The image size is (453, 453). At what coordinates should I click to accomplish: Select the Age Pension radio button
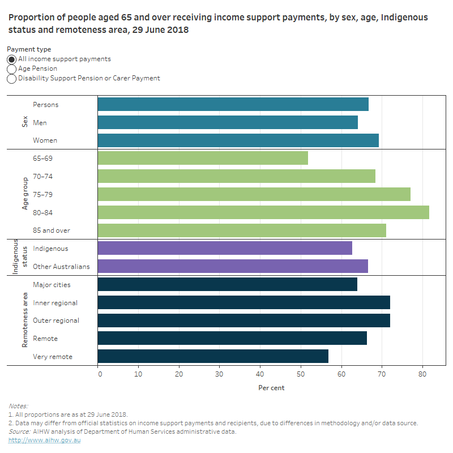[11, 69]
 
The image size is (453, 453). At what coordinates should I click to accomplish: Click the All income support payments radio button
[11, 59]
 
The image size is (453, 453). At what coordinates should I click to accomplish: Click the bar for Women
[238, 140]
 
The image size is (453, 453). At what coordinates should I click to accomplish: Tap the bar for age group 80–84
[263, 212]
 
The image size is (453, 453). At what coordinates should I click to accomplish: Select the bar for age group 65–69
[203, 159]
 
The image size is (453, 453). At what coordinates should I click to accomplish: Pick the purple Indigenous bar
[225, 248]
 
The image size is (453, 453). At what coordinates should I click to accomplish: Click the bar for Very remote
[213, 356]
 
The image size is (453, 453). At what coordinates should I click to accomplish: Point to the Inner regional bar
[243, 302]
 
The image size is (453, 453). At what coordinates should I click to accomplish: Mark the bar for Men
[228, 122]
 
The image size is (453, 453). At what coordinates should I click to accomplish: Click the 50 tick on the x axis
[301, 374]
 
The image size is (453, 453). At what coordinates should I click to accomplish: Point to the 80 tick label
[422, 374]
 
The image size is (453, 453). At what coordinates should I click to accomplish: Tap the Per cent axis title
[271, 388]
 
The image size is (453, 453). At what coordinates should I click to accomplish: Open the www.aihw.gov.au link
[44, 440]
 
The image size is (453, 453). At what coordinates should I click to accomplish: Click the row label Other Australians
[61, 266]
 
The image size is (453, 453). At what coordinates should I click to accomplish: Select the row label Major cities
[52, 284]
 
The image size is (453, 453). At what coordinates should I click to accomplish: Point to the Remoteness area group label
[25, 320]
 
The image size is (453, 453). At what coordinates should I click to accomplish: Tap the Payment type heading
[29, 49]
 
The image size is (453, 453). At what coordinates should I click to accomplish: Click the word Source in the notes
[19, 431]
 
